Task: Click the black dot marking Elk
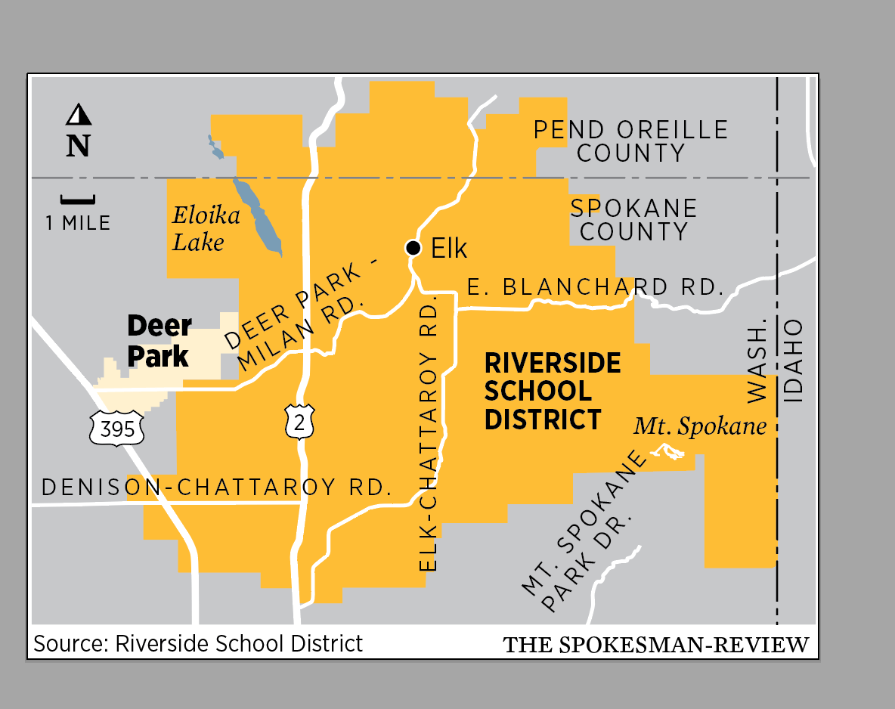point(413,248)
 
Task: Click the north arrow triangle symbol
point(79,115)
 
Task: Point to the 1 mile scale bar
point(78,200)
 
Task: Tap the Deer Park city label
point(159,341)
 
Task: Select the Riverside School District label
point(552,391)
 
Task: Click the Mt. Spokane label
point(699,426)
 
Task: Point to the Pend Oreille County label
point(630,141)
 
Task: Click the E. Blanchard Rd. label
point(592,287)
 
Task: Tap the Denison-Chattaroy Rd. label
point(216,488)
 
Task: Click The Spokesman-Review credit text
point(656,646)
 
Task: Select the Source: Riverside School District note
point(198,643)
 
